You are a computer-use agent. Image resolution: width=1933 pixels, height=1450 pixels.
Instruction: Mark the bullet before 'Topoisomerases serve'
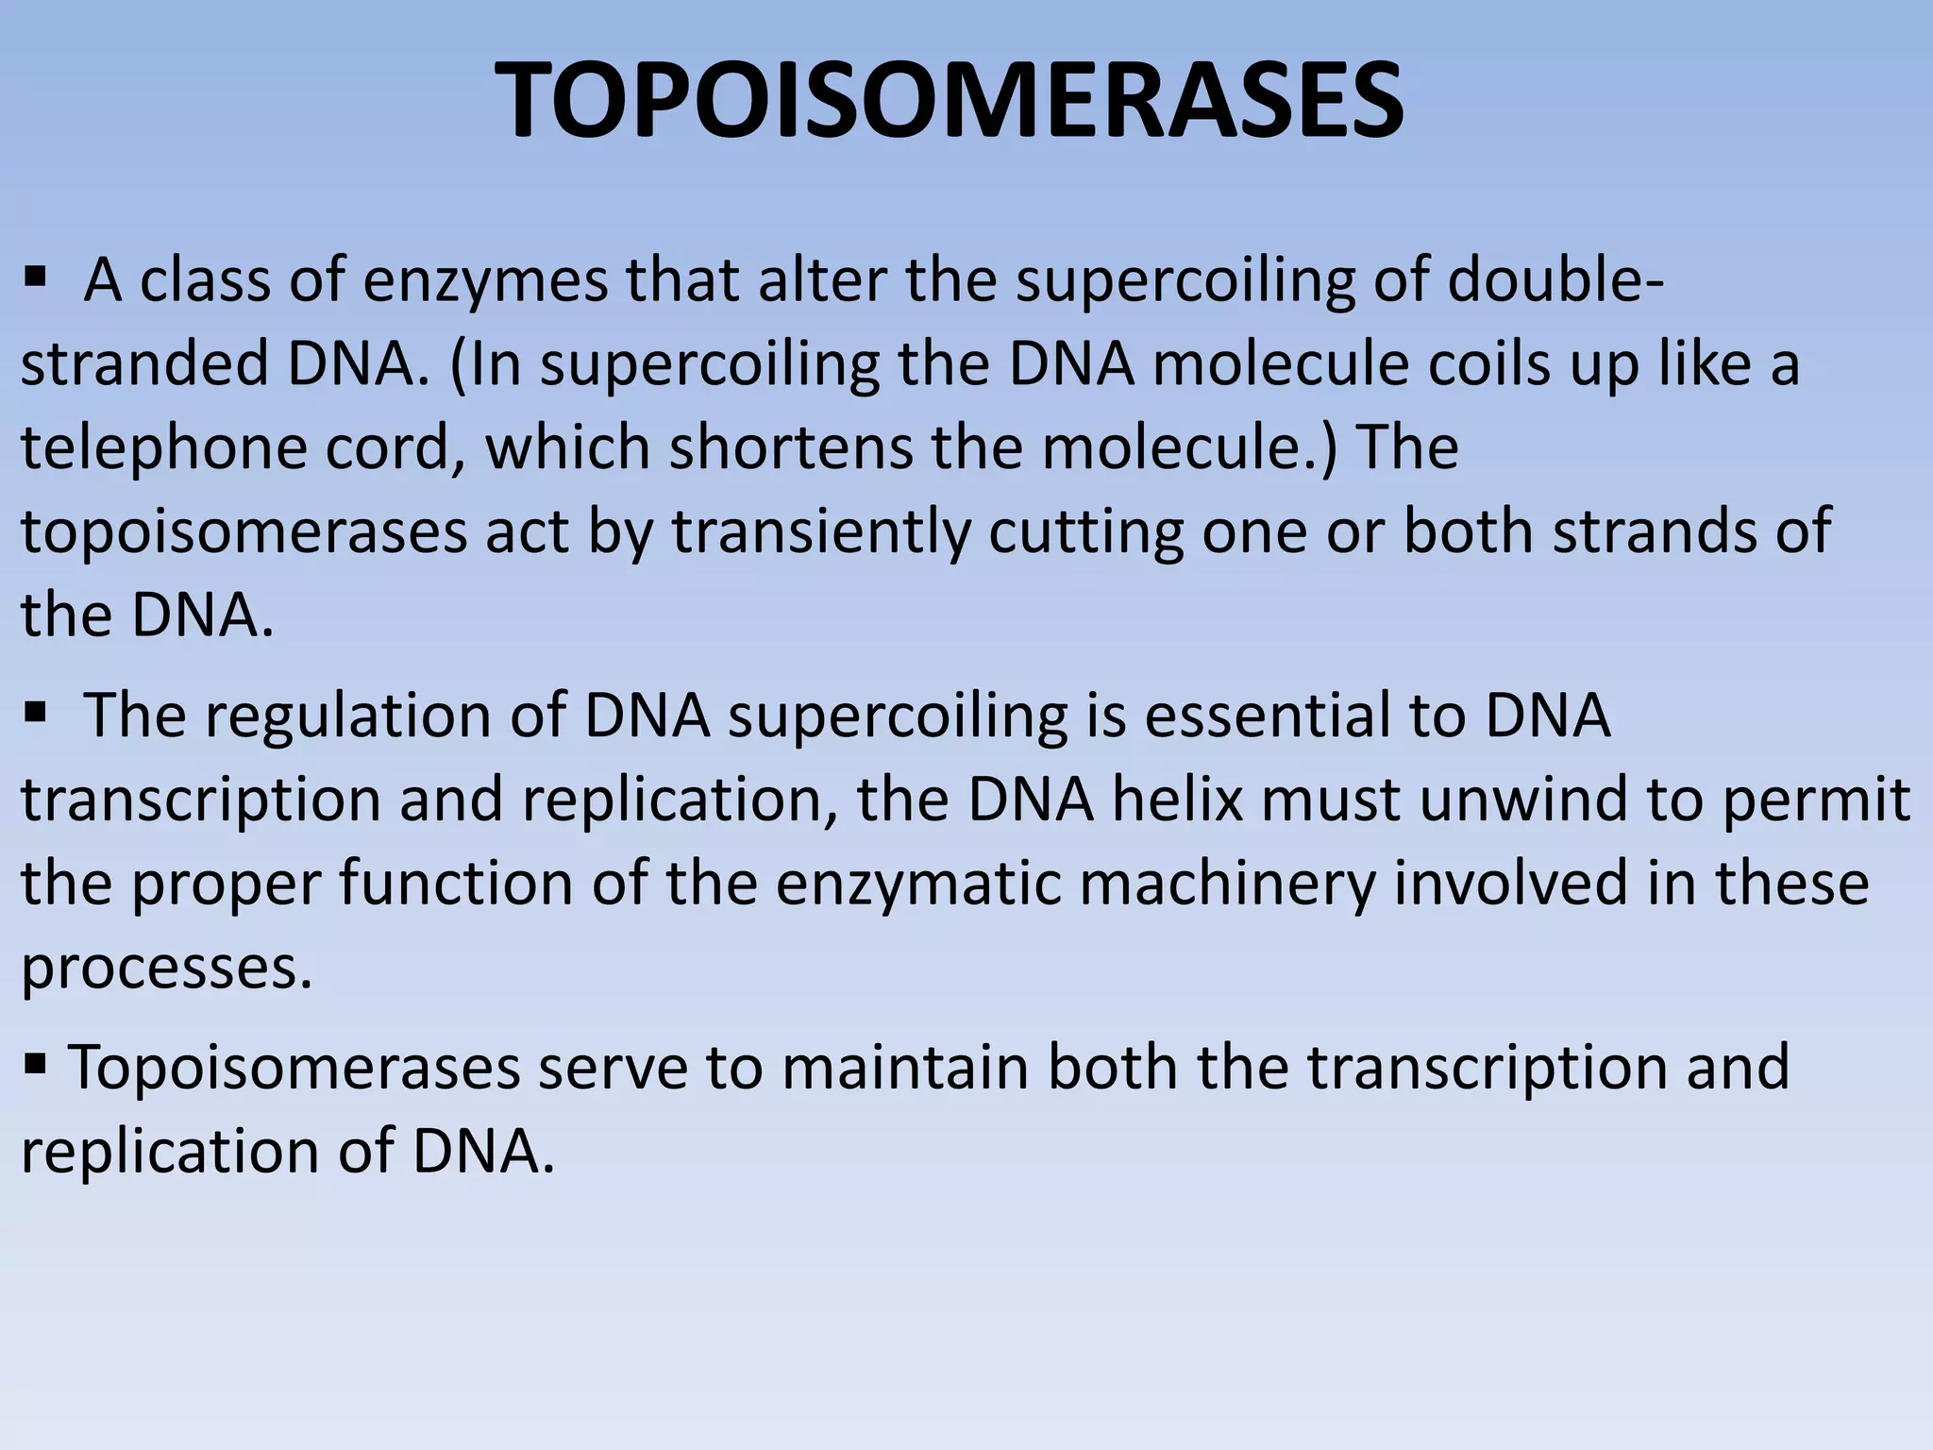(36, 1065)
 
